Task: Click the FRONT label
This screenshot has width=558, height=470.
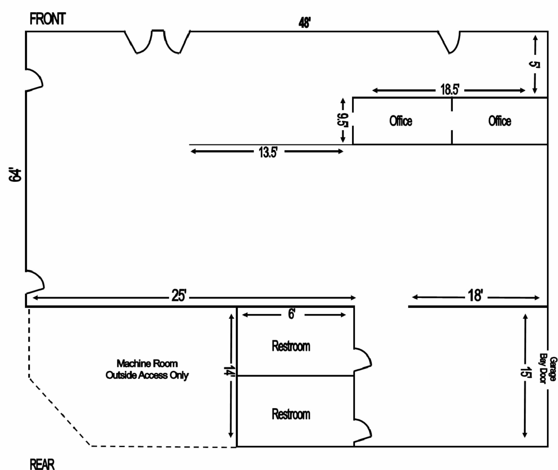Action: pos(48,19)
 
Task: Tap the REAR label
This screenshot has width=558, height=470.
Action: pos(42,464)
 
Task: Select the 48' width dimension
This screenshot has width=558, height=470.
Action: pos(304,23)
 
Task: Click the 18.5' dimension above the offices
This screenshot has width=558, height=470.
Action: pos(449,90)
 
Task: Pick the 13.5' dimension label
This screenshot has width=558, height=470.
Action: pos(268,152)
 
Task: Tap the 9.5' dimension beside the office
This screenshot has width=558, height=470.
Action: pos(342,120)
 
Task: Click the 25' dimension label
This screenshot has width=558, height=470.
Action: pos(179,296)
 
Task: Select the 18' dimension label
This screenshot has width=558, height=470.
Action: pos(475,296)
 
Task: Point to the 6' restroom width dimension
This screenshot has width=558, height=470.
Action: pos(292,314)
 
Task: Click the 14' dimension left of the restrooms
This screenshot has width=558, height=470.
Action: pos(229,371)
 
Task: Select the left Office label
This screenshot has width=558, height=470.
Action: pos(401,121)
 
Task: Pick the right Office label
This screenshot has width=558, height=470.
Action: pos(499,121)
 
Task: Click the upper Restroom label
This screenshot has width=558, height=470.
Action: pos(291,346)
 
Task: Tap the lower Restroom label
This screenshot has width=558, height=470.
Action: pos(291,414)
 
